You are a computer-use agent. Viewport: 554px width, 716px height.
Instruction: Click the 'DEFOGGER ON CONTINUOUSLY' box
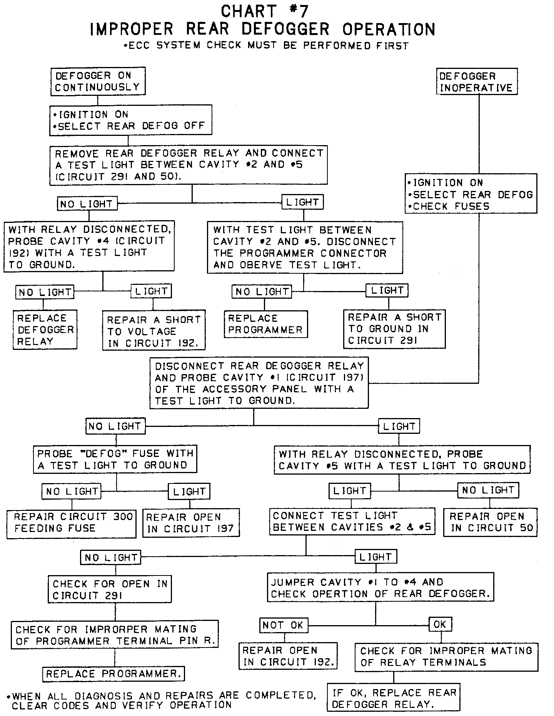point(98,81)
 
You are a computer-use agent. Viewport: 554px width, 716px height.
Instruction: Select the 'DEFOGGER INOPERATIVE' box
point(477,82)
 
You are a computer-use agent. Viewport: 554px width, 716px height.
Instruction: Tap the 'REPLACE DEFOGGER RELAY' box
point(45,330)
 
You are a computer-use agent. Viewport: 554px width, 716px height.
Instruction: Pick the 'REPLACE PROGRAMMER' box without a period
point(265,324)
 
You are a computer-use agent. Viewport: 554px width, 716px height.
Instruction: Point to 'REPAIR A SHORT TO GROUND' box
point(394,329)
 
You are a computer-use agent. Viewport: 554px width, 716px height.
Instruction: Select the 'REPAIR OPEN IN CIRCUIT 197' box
point(190,523)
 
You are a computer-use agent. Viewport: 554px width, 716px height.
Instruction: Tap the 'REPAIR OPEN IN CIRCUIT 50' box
point(491,522)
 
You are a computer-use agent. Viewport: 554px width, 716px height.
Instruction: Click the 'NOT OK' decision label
point(283,625)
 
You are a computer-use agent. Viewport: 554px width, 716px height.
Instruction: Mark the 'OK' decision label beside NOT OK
point(440,624)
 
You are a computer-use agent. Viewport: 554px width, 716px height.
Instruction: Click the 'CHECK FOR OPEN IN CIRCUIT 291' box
point(110,589)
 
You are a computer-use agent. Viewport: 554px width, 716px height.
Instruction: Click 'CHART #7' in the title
point(265,12)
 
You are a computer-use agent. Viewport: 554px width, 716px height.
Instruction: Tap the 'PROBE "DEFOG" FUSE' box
point(115,459)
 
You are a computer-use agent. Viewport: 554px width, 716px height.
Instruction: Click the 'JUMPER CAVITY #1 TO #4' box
point(380,587)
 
